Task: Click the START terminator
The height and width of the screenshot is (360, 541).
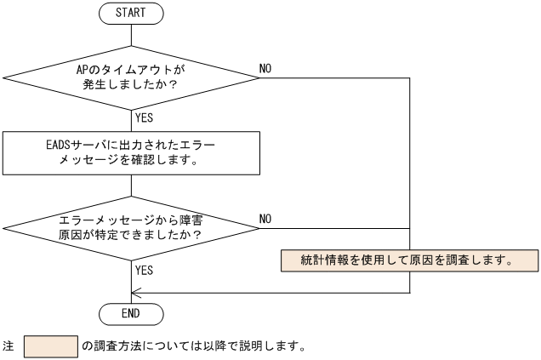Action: coord(132,14)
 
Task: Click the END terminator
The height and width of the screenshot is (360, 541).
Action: coord(132,313)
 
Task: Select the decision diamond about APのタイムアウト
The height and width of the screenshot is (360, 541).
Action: coord(132,77)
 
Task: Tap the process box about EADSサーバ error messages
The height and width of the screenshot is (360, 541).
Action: coord(132,151)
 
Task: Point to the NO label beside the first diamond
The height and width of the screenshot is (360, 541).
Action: coord(265,68)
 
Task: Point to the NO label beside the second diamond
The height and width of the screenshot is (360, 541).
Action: coord(265,219)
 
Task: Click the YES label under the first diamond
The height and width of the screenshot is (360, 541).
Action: coord(144,118)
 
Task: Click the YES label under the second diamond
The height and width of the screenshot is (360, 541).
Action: coord(144,270)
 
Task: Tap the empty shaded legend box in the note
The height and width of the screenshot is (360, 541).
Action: coord(51,346)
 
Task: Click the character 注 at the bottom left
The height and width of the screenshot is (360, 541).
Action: coord(9,347)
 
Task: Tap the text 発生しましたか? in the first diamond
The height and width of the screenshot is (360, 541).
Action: coord(132,86)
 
